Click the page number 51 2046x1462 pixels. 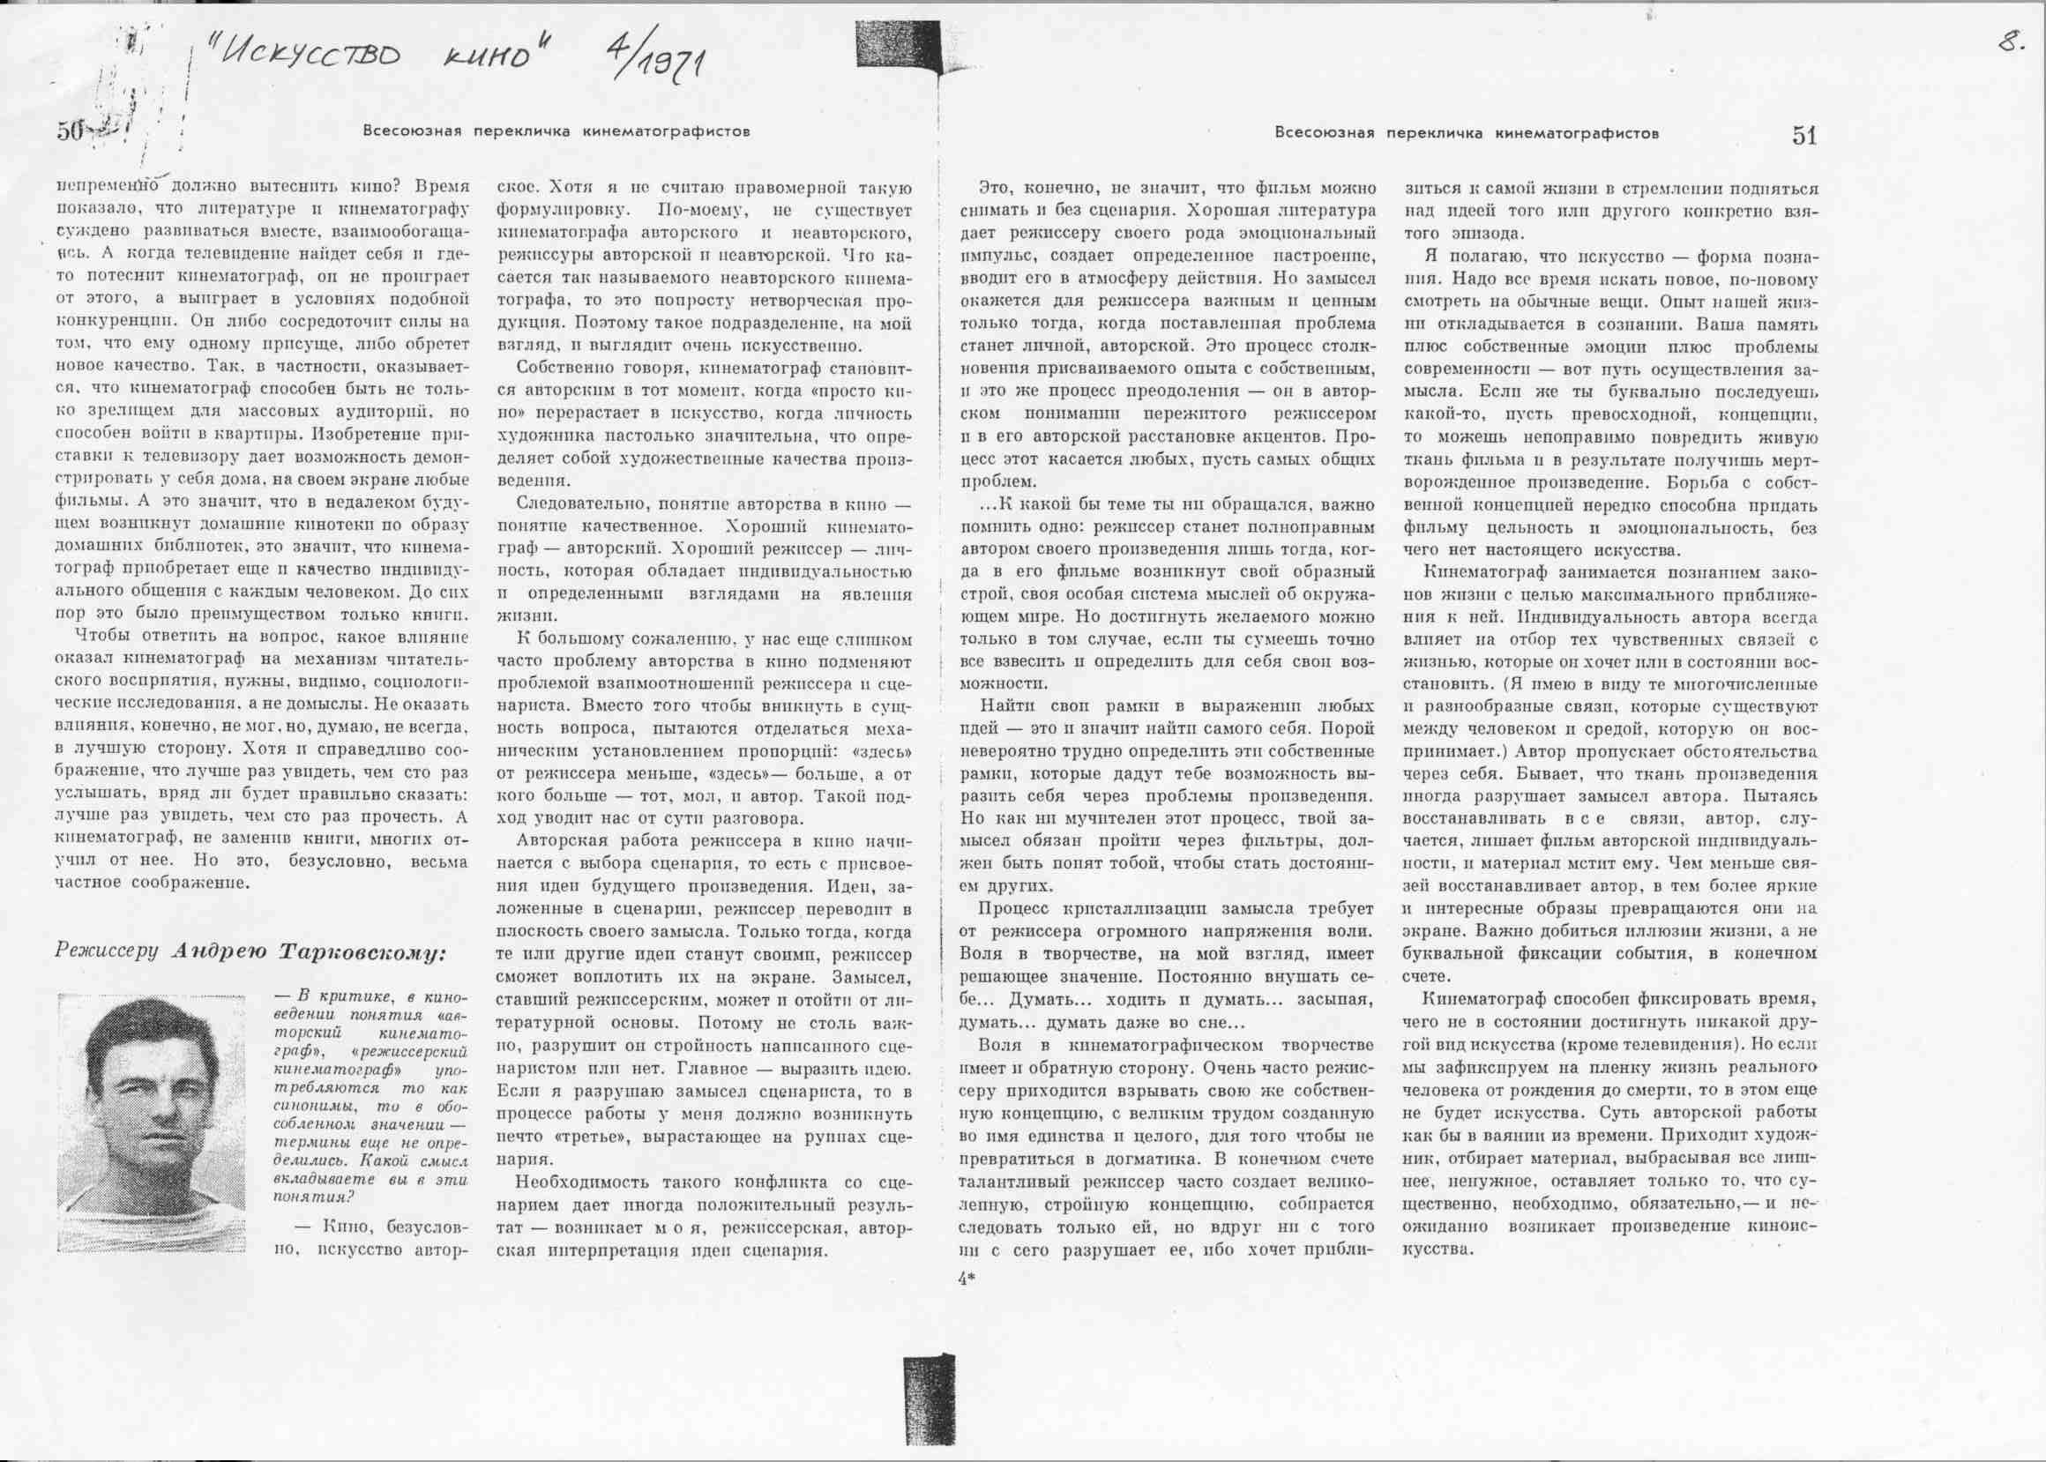point(1803,135)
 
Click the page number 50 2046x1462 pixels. point(70,132)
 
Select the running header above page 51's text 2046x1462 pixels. point(1467,133)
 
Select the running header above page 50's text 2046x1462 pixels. point(556,131)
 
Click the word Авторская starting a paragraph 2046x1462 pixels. point(557,842)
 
